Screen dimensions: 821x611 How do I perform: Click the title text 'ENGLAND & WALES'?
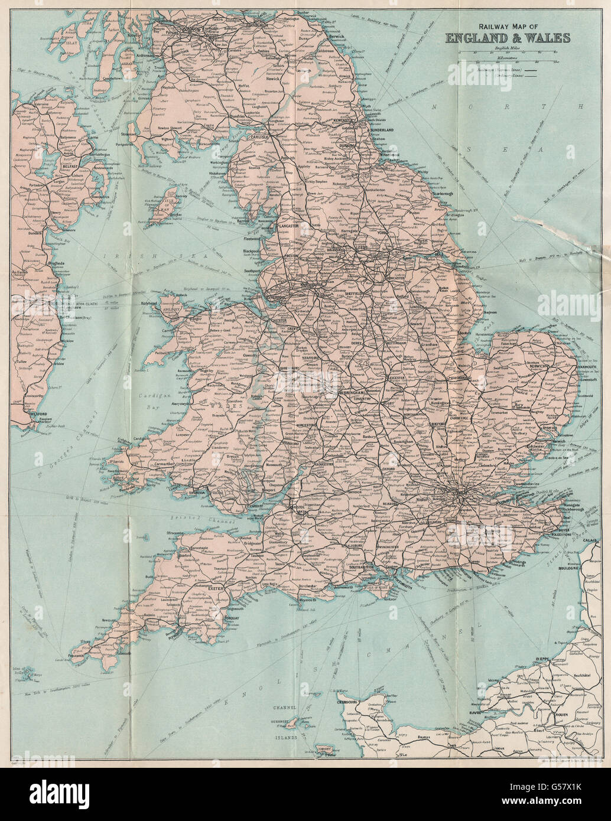[x=508, y=38]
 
